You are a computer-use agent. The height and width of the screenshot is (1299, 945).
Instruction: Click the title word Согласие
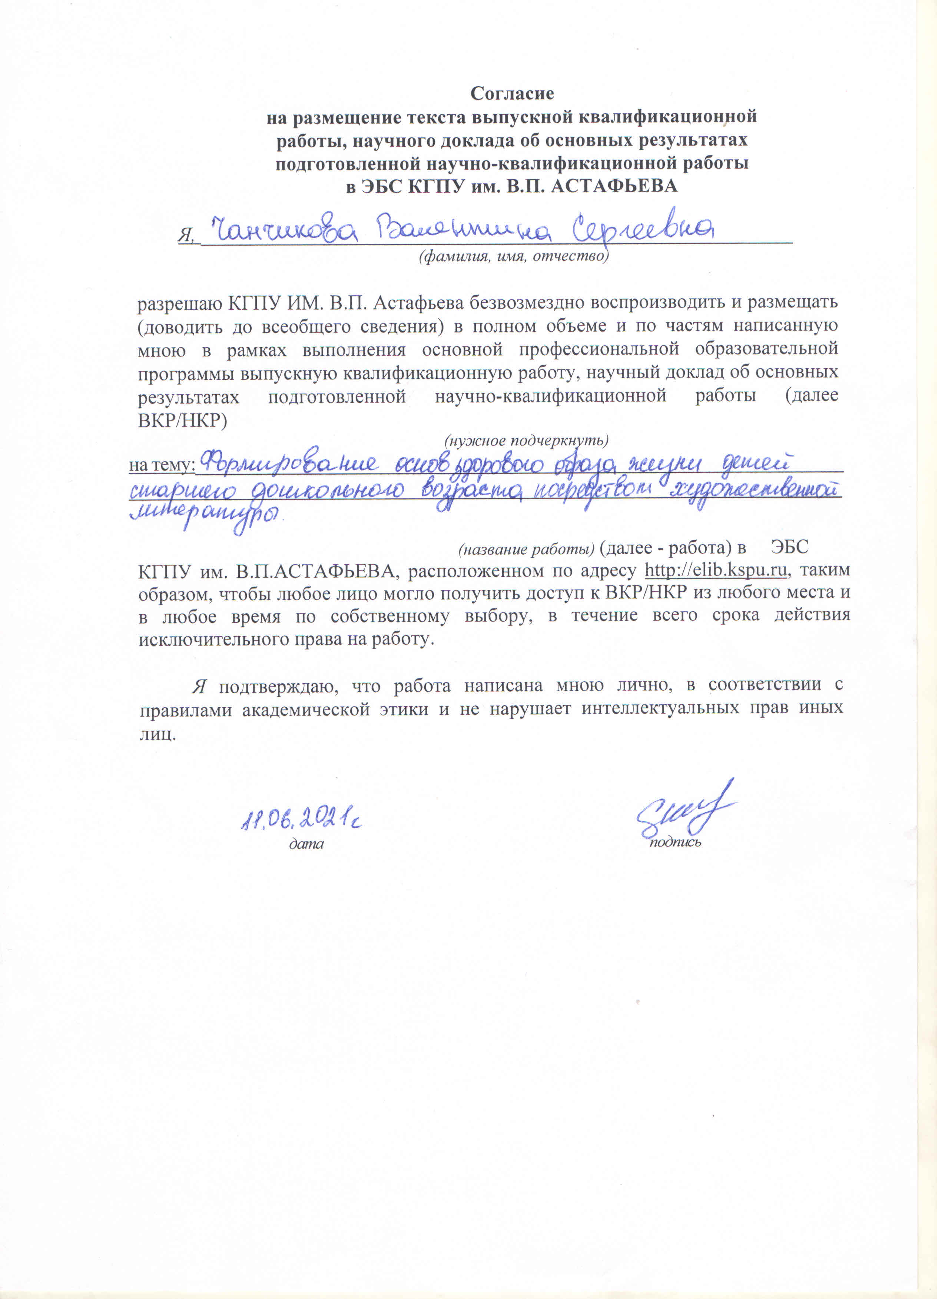coord(512,93)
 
